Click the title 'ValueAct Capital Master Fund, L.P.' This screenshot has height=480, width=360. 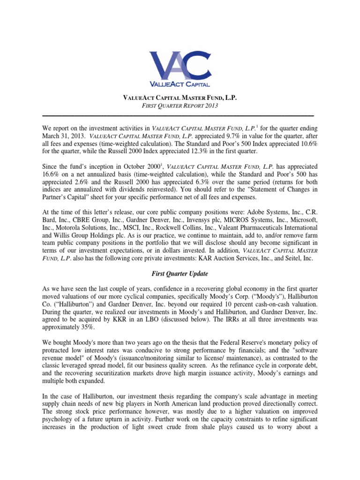(x=180, y=97)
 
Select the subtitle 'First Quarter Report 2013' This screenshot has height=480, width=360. (x=180, y=106)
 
